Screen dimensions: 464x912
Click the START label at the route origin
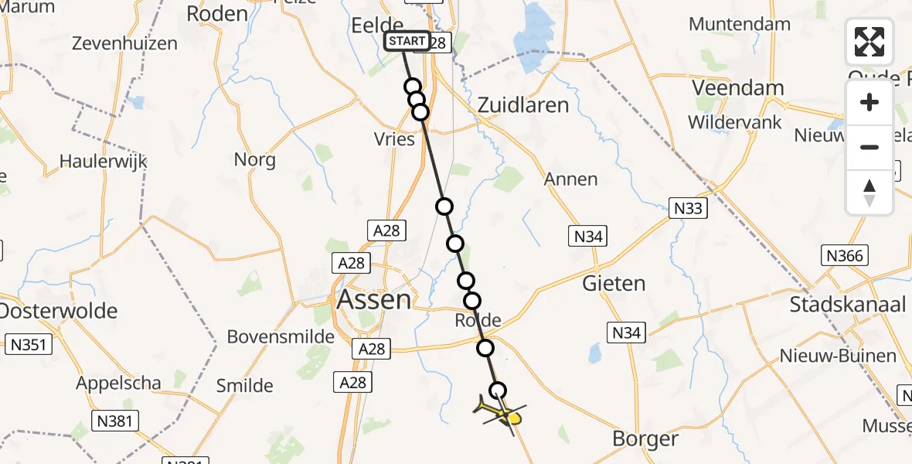coord(407,41)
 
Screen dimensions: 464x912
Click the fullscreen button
coord(869,42)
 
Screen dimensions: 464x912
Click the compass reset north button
coord(869,192)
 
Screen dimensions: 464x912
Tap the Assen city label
coord(375,299)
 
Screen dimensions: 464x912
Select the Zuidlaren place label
coord(523,105)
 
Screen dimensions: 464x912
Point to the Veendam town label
coord(738,87)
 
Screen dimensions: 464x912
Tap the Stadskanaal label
coord(848,304)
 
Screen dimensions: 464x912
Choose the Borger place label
coord(645,439)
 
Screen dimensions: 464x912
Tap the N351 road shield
coord(28,344)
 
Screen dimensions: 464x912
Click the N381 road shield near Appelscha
coord(115,421)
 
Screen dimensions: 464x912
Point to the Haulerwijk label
coord(103,162)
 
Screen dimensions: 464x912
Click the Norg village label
coord(255,160)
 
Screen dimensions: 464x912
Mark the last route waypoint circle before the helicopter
coord(499,391)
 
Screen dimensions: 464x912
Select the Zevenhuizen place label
coord(124,43)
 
